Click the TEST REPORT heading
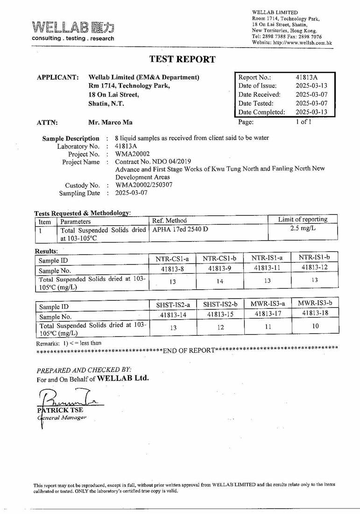click(x=182, y=59)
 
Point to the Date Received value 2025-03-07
click(x=311, y=94)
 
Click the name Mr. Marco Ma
click(x=110, y=122)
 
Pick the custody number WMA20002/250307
click(x=144, y=185)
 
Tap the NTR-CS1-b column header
click(x=219, y=258)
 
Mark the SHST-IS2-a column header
click(x=173, y=305)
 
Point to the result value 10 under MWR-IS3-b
click(x=315, y=326)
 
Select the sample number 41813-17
click(x=268, y=314)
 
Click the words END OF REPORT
click(x=189, y=350)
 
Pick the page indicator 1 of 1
click(x=303, y=122)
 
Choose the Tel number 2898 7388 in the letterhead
click(x=274, y=36)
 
